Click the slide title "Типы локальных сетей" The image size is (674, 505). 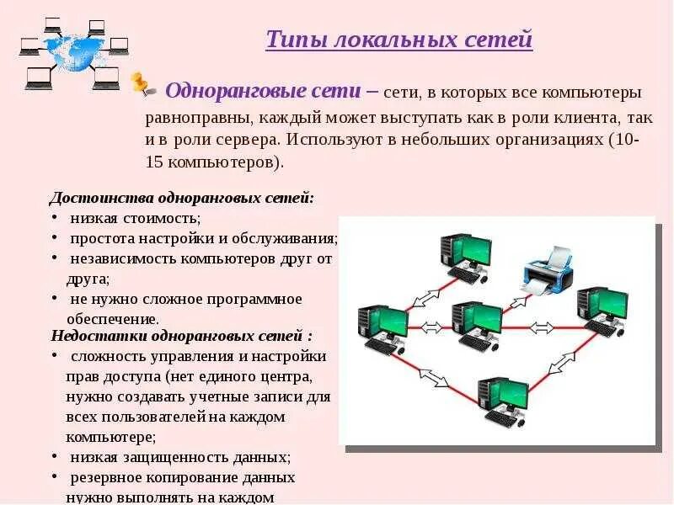point(399,40)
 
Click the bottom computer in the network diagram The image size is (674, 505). point(503,401)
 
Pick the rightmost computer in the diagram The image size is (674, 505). point(602,311)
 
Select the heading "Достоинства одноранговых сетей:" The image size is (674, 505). point(181,199)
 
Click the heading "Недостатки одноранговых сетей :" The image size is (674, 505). point(180,336)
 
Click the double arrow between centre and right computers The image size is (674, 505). point(540,327)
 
